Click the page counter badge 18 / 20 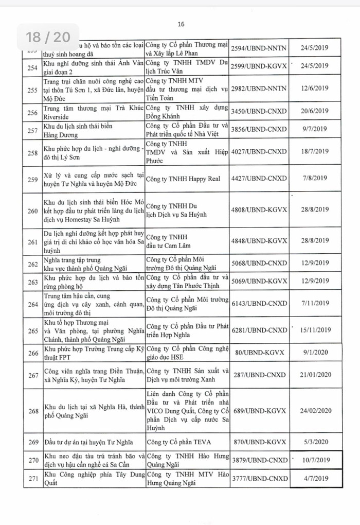[48, 37]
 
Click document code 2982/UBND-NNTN [257, 89]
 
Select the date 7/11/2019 [315, 304]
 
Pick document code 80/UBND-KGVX [257, 353]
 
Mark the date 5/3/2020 [315, 441]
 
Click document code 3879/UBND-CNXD [257, 460]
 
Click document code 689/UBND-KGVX [257, 410]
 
